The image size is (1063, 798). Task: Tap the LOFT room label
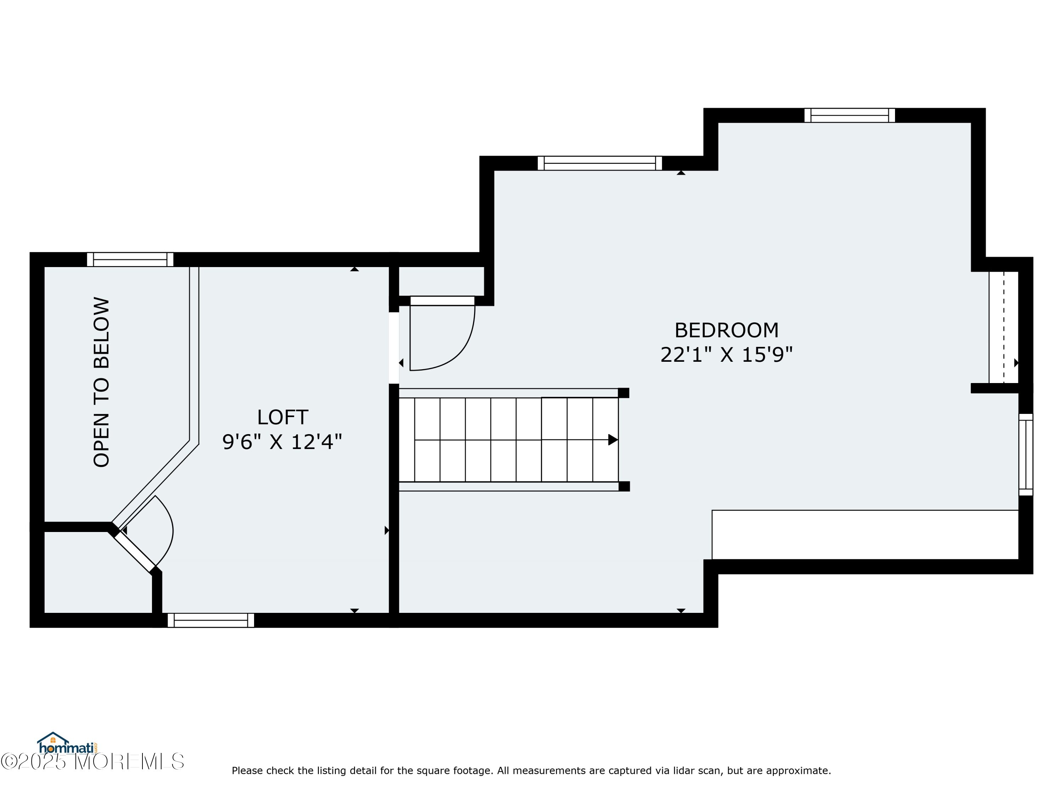(x=282, y=417)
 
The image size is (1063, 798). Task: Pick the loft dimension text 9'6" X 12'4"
(x=282, y=442)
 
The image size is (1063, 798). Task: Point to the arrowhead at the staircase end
(x=613, y=440)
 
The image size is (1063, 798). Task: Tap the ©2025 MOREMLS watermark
(x=92, y=761)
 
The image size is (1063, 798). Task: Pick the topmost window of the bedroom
(x=850, y=115)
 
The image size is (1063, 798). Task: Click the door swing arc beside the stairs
(x=456, y=354)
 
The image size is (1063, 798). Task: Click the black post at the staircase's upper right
(x=623, y=393)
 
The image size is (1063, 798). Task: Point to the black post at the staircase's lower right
(x=624, y=486)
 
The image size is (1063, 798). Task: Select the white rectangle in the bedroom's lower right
(x=865, y=534)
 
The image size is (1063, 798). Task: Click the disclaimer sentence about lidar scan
(x=531, y=771)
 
